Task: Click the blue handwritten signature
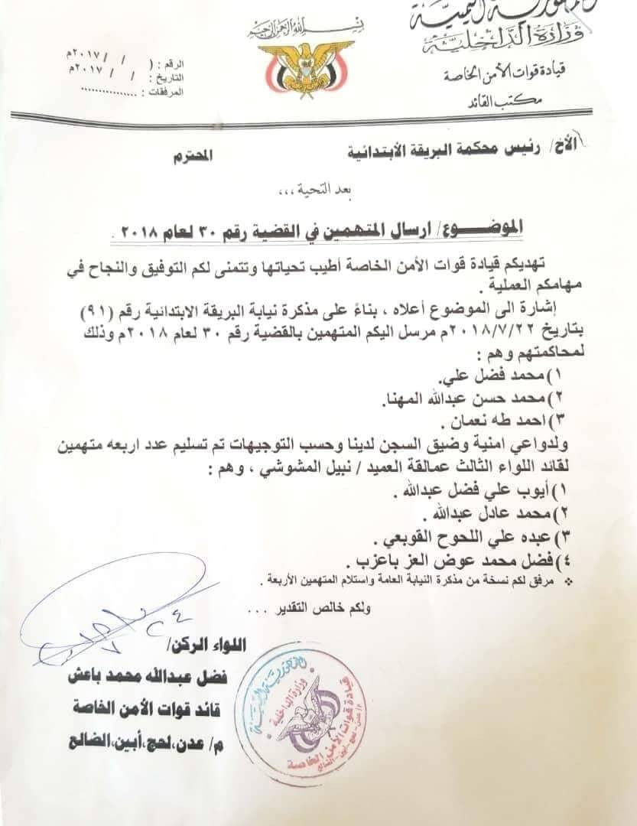click(x=115, y=612)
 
